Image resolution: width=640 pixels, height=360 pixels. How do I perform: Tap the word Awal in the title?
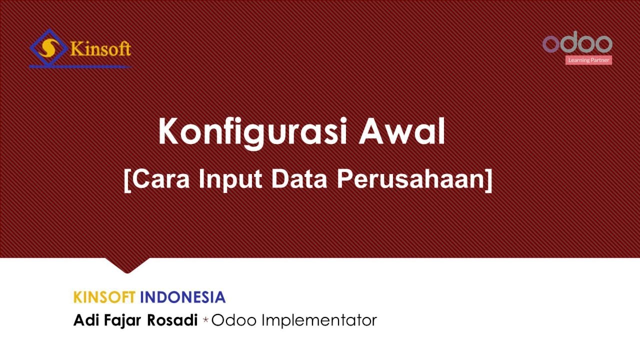[x=402, y=131]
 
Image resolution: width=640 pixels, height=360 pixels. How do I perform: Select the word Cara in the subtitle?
[x=161, y=178]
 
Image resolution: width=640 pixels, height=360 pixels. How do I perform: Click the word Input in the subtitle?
[x=230, y=178]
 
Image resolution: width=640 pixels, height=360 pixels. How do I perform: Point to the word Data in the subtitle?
[x=299, y=178]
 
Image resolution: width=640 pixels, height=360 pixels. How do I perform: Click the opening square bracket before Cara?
[x=127, y=179]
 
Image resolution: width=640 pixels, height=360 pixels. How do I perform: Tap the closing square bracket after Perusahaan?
[x=488, y=179]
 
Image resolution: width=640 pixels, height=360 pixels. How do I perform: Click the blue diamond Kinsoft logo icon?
[x=48, y=48]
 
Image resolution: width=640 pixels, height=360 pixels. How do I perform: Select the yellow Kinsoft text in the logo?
[x=100, y=49]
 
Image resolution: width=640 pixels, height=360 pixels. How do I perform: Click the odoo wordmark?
[x=577, y=43]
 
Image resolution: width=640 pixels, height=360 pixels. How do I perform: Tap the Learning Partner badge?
[x=588, y=60]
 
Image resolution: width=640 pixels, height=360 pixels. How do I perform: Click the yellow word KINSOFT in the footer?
[x=104, y=297]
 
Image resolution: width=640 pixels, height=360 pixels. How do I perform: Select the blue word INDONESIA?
[x=182, y=297]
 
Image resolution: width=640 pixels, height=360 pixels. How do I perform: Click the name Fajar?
[x=123, y=320]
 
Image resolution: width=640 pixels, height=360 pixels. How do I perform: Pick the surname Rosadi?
[x=172, y=320]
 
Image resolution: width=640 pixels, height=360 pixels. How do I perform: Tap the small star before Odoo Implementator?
[x=205, y=321]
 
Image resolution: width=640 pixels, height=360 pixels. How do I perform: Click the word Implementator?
[x=319, y=320]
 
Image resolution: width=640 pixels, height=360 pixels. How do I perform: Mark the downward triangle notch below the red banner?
[x=127, y=265]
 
